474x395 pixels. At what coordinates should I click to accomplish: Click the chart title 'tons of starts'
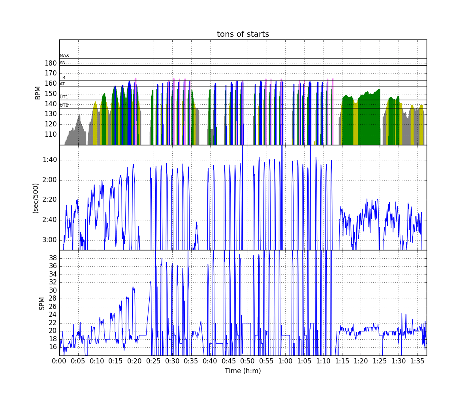(243, 34)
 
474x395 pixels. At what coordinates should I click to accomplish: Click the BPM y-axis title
(38, 92)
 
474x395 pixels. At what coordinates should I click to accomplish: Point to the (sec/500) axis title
(36, 197)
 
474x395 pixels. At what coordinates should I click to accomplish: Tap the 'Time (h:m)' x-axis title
(243, 371)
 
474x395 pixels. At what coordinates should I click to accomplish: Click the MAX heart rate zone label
(64, 56)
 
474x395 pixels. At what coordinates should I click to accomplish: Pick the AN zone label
(62, 62)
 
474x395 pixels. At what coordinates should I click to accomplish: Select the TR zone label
(62, 78)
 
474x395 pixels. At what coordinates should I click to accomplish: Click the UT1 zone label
(64, 97)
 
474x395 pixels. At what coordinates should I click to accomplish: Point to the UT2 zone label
(64, 105)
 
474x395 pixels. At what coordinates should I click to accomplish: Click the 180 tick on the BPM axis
(51, 63)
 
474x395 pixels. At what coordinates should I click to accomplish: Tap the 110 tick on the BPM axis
(51, 135)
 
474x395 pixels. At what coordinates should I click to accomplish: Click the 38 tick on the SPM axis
(53, 258)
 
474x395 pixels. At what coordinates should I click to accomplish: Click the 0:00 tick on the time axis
(59, 361)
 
